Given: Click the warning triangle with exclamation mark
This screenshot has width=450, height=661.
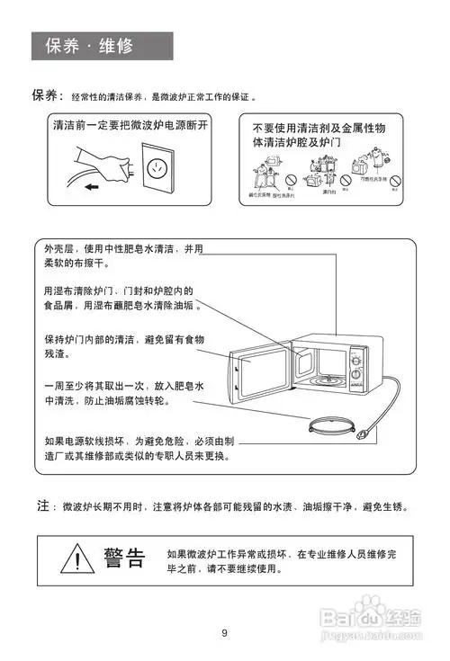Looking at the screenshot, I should pyautogui.click(x=78, y=559).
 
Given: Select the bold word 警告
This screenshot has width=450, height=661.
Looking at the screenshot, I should pyautogui.click(x=124, y=558).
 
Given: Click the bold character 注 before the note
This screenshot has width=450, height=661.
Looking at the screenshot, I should pyautogui.click(x=42, y=506).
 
